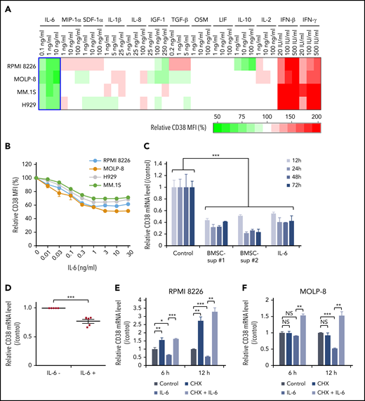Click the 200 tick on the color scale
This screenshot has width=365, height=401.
click(315, 116)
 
